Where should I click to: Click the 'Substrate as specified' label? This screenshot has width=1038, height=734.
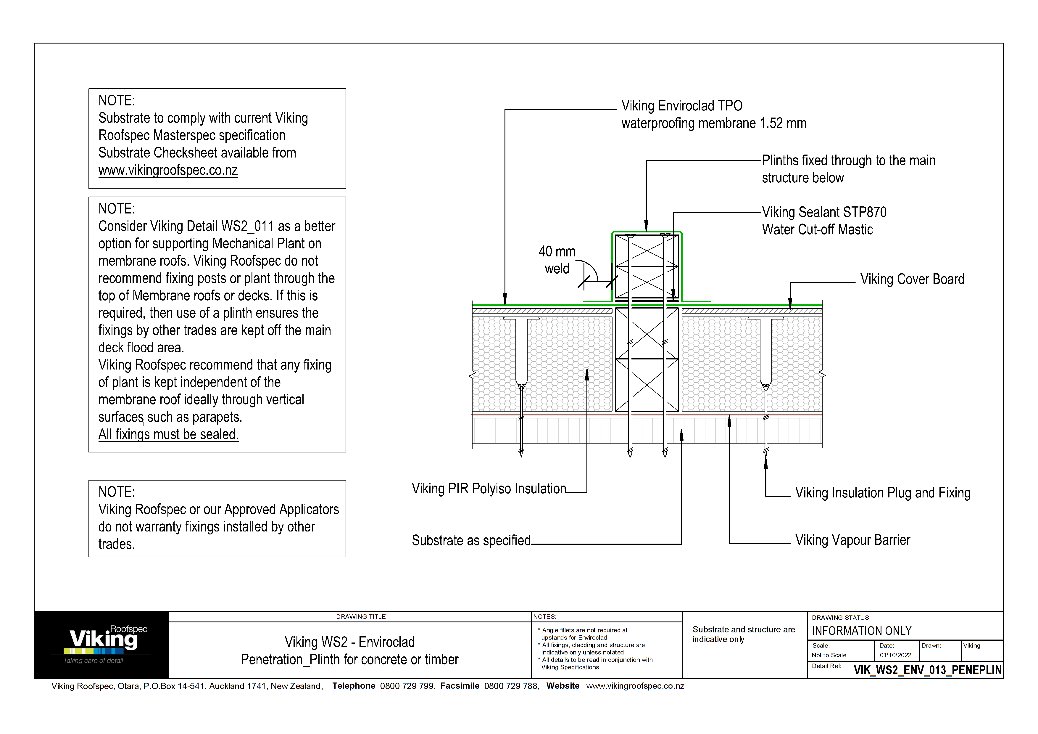pos(471,540)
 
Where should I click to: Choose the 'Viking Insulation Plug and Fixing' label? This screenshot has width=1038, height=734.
pos(882,493)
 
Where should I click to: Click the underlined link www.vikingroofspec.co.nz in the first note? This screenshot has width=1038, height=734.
pos(168,171)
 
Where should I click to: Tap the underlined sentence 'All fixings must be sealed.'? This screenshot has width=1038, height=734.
pos(168,435)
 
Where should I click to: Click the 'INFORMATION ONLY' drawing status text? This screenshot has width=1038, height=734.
pos(861,631)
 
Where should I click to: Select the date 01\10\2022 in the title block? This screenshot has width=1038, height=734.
pos(895,655)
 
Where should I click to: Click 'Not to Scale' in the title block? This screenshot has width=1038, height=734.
pos(829,655)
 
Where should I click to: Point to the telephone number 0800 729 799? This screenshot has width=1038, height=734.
pos(407,686)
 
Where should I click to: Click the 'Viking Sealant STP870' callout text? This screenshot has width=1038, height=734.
pos(824,212)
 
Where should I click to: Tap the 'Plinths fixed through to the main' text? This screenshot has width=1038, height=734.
pos(848,160)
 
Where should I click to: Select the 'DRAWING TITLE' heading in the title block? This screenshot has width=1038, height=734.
pos(361,617)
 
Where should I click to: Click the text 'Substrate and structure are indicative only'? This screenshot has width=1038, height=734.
pos(743,634)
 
